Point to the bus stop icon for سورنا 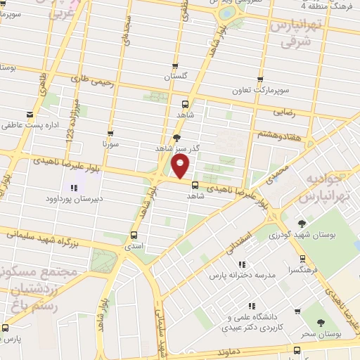click(110, 133)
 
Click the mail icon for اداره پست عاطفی click(29, 115)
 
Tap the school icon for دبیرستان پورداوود click(73, 188)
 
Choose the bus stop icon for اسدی click(134, 236)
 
